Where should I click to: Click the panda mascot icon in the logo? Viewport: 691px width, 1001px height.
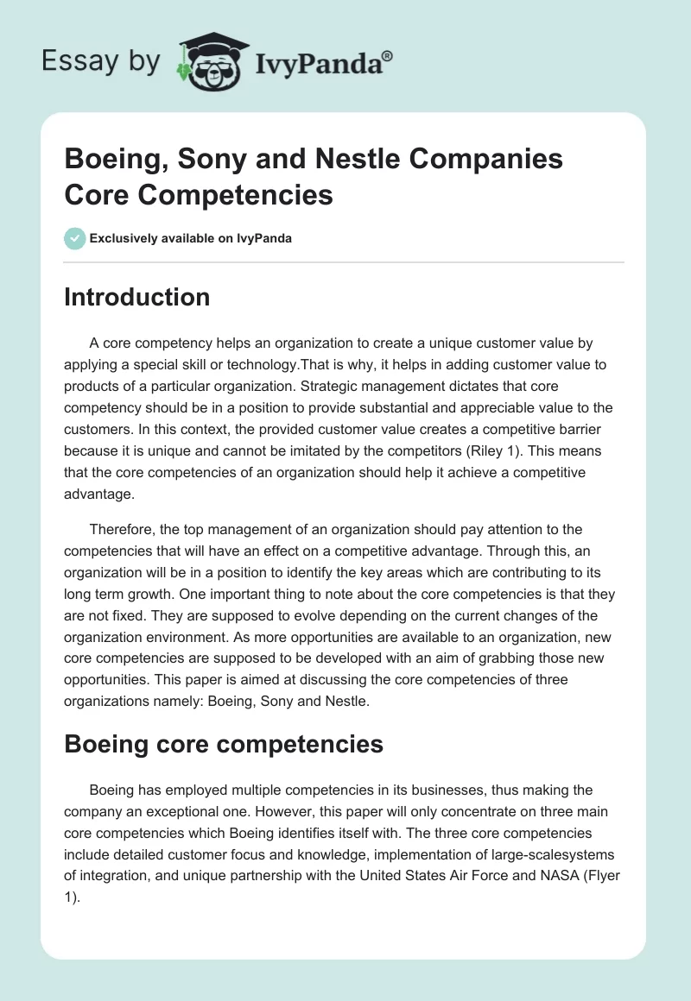click(x=207, y=61)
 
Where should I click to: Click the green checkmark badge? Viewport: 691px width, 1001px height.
click(x=75, y=238)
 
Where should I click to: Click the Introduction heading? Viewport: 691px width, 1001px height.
click(x=137, y=297)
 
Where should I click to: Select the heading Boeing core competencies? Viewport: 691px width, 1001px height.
click(x=224, y=744)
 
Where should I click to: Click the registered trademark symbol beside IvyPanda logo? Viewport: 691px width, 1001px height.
click(x=388, y=55)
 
